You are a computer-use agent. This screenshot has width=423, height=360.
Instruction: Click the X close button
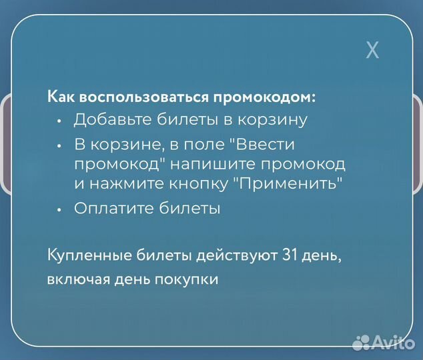tap(372, 49)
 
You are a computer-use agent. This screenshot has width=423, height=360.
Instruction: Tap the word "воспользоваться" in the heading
tap(142, 97)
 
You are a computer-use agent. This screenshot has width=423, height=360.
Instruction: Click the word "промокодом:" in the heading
tap(264, 97)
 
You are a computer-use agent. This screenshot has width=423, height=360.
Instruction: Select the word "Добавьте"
tap(111, 120)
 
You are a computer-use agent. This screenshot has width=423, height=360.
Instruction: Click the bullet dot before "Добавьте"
tap(59, 121)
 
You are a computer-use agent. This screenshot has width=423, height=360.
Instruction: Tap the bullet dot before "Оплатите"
tap(59, 209)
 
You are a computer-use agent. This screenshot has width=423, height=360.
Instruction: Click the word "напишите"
tap(207, 164)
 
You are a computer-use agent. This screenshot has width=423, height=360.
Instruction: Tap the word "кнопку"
tap(194, 183)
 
